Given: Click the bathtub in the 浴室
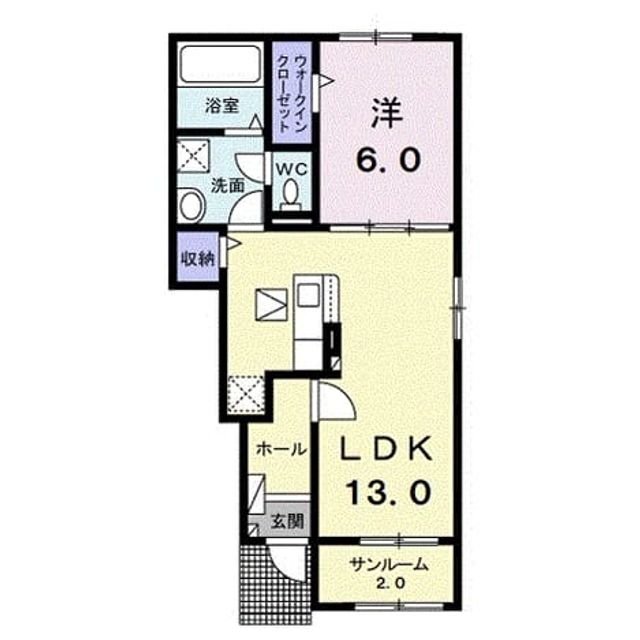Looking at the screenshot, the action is (220, 63).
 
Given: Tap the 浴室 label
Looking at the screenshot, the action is (221, 107).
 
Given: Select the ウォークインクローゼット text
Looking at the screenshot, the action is (292, 93).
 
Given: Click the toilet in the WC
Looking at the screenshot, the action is (291, 195).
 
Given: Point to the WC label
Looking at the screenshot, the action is (291, 169).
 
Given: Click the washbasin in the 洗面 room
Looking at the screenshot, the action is (191, 205).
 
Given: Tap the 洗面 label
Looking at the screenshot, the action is (227, 186).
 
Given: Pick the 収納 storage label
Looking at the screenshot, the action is (198, 259).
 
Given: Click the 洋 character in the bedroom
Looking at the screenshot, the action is (387, 113).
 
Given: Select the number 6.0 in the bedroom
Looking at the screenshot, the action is (388, 160).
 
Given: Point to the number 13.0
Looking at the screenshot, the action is (389, 492).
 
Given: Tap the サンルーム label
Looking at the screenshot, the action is (388, 565).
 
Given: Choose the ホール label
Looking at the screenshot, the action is (281, 450).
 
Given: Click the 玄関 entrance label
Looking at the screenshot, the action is (288, 522).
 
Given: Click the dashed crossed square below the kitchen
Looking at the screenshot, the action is (246, 394).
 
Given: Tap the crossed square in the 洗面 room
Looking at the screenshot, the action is (194, 156).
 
